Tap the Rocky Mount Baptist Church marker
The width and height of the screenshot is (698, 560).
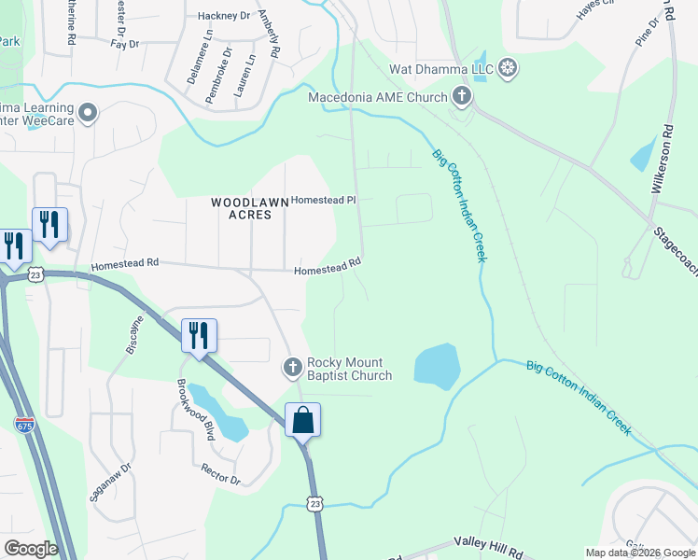point(293,368)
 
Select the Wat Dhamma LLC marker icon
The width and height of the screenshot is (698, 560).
point(507,67)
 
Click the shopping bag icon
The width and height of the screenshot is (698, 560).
point(303,420)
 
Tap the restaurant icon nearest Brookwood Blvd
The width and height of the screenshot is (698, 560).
point(199,335)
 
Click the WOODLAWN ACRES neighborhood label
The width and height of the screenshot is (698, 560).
point(241,208)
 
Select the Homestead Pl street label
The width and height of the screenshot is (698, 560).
point(324,200)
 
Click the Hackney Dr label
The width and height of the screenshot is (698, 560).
point(225,16)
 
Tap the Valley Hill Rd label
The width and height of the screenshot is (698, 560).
point(490,541)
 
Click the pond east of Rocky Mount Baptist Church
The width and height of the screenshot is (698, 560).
point(436,366)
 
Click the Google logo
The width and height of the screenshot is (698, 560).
point(30,548)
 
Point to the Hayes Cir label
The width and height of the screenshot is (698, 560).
point(598,9)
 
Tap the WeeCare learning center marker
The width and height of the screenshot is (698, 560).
point(89,113)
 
